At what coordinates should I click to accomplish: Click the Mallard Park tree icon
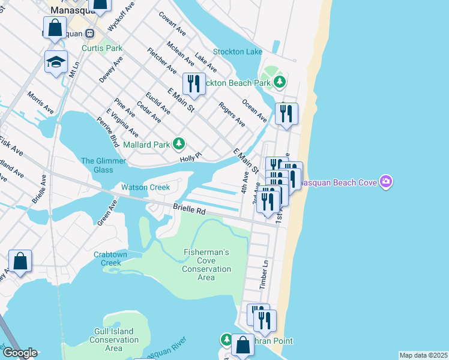(x=179, y=143)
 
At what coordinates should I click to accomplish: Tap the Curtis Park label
(x=102, y=48)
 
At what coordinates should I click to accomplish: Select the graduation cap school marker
(x=56, y=62)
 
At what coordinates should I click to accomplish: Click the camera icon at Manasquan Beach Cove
(x=386, y=181)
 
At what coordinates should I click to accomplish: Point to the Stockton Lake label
(x=238, y=52)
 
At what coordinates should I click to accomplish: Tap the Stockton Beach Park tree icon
(x=279, y=82)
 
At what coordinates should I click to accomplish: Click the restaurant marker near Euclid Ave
(x=193, y=83)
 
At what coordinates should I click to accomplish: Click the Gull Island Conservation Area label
(x=113, y=340)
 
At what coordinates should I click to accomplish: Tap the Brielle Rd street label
(x=189, y=211)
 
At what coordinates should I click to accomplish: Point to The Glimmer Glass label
(x=104, y=165)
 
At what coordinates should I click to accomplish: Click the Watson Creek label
(x=145, y=187)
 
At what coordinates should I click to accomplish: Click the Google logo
(x=19, y=353)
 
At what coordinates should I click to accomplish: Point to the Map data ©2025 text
(x=423, y=355)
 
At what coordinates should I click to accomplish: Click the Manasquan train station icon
(x=90, y=34)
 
